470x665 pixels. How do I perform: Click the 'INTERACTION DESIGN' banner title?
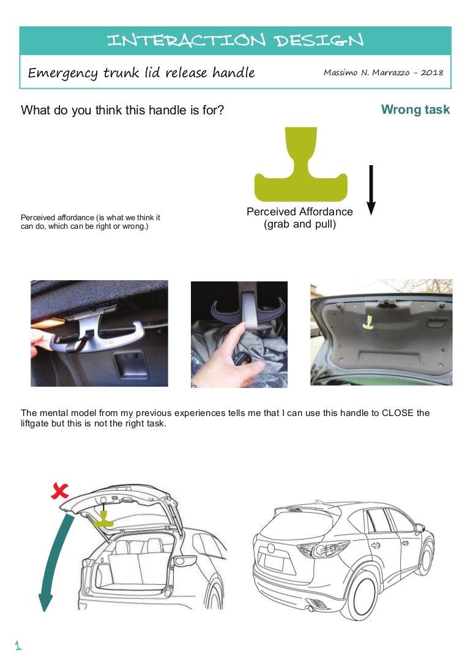[x=235, y=40]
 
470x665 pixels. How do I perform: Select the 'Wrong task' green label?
[x=415, y=110]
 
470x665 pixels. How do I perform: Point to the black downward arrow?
[x=371, y=190]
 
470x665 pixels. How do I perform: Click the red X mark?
[x=60, y=489]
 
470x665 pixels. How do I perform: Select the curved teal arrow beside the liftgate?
[x=51, y=563]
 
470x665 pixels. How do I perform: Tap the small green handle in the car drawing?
[x=105, y=519]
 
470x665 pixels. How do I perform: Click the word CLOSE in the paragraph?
[x=398, y=413]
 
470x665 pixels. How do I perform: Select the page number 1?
[x=18, y=645]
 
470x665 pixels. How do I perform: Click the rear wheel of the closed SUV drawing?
[x=359, y=596]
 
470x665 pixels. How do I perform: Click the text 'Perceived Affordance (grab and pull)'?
[x=299, y=218]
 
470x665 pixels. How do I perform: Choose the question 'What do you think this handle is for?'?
[x=122, y=110]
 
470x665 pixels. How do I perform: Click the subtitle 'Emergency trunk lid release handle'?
[x=141, y=73]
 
